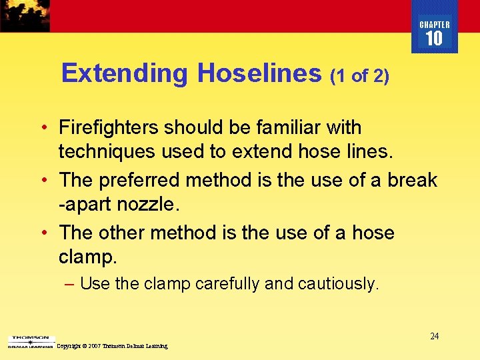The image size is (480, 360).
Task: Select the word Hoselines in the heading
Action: [259, 73]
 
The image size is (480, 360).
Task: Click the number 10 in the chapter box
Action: [434, 39]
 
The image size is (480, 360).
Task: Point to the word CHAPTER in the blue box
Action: [434, 25]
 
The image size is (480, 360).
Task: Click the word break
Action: [413, 180]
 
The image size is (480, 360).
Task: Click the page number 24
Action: [434, 336]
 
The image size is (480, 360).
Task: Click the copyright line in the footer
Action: [112, 346]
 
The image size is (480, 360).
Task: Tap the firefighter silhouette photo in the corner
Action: [25, 15]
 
